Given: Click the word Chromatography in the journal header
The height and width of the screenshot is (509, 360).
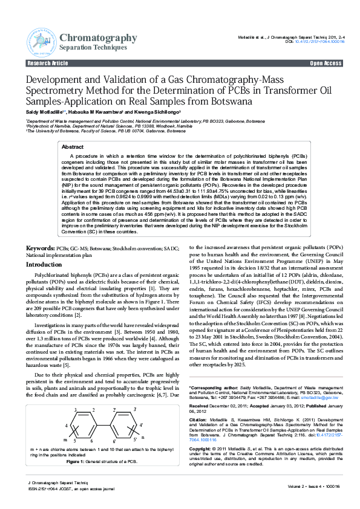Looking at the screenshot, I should tap(99, 38).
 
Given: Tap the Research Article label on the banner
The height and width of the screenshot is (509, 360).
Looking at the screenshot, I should tap(48, 63).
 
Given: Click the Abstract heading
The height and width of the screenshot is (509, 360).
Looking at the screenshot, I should tap(73, 147).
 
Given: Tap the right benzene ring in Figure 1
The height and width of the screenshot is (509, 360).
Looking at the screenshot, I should tap(124, 426).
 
